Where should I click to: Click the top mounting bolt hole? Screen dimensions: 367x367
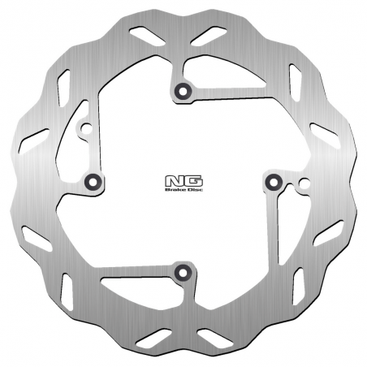[x=183, y=89]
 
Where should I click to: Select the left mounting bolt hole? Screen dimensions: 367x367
[x=93, y=180]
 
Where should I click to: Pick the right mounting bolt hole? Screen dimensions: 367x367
[x=274, y=180]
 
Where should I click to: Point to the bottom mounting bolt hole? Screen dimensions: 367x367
[x=183, y=271]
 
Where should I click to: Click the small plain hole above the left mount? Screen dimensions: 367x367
[x=83, y=127]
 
